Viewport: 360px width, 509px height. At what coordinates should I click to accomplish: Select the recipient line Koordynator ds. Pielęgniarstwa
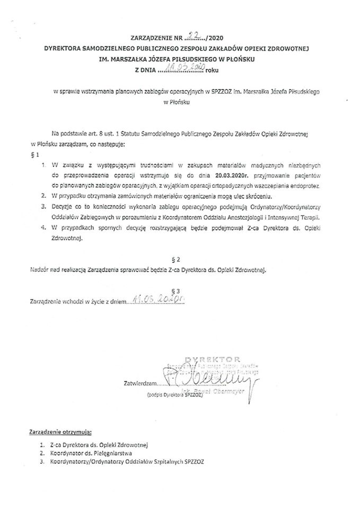click(91, 453)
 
